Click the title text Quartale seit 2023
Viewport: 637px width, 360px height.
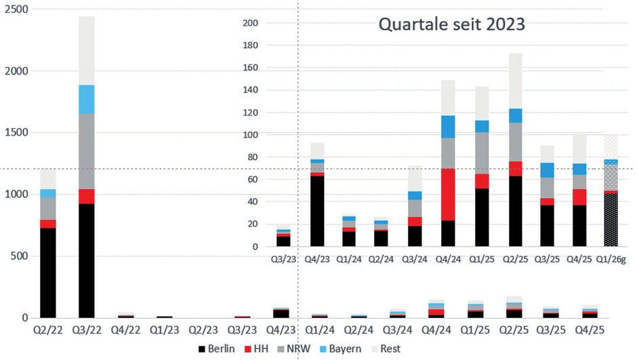451,25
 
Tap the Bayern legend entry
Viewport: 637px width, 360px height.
344,348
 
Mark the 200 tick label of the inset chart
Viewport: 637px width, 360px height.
251,23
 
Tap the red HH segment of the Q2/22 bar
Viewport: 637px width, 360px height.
48,224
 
